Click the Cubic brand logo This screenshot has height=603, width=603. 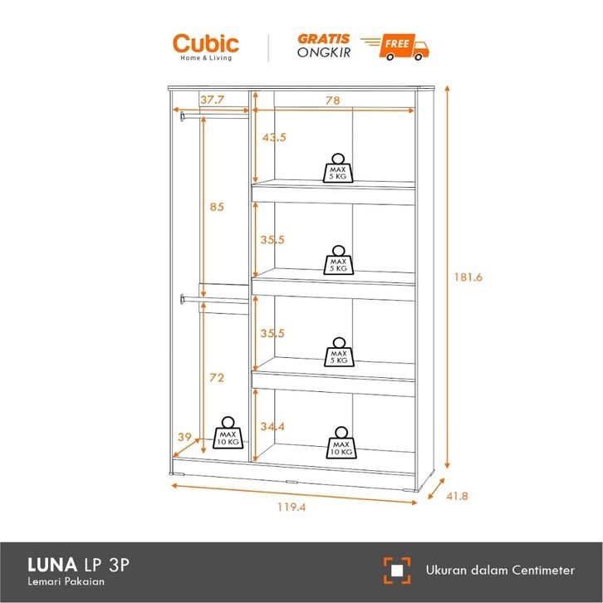click(x=205, y=45)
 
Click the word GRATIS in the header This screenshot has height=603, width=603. click(x=323, y=38)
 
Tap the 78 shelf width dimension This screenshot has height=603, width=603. click(x=332, y=100)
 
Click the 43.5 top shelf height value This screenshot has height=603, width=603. click(x=274, y=138)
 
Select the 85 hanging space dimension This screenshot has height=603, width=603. click(x=216, y=208)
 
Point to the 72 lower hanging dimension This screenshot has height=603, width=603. click(x=216, y=378)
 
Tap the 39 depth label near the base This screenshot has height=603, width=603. click(x=185, y=437)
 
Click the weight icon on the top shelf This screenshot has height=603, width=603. click(x=338, y=168)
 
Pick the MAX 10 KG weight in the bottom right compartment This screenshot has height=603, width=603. click(x=341, y=444)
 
